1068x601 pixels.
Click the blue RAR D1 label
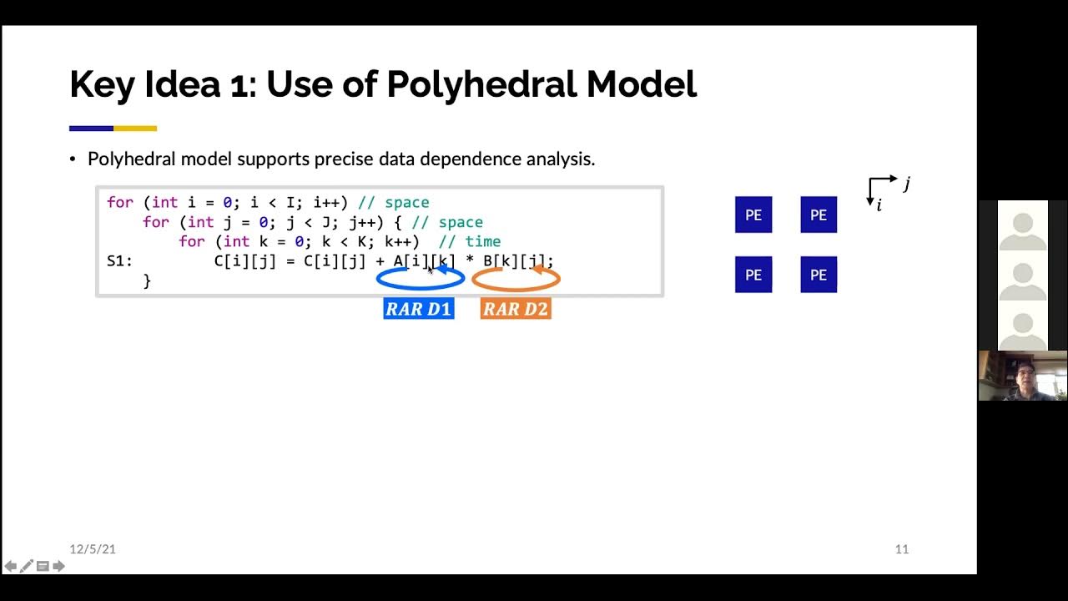419,309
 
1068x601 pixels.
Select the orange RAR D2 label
516,309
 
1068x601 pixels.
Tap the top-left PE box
753,215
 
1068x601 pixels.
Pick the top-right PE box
819,215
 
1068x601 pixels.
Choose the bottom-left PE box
753,275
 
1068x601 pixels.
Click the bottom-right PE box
819,275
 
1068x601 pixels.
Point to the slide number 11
901,549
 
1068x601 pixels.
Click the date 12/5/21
93,549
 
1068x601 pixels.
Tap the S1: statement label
119,261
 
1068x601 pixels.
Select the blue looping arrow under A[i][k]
420,279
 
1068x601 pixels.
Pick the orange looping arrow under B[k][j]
516,279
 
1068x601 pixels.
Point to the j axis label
907,183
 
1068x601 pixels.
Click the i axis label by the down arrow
879,205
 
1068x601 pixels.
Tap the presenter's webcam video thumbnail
1022,376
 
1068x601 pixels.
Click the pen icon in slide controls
27,567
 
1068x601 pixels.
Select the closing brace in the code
147,281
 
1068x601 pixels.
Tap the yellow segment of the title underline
135,129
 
